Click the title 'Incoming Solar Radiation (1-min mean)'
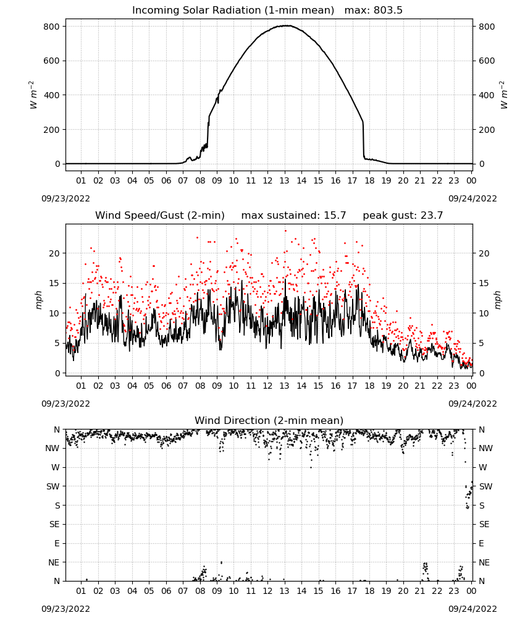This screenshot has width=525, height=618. tap(233, 11)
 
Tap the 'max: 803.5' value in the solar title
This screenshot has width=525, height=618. tap(374, 11)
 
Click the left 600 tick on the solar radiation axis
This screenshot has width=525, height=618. tap(52, 61)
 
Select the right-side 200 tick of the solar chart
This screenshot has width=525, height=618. tap(487, 130)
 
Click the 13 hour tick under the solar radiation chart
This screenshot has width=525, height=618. tap(284, 180)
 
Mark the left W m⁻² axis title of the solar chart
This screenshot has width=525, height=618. tap(33, 95)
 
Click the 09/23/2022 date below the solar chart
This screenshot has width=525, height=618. tap(65, 198)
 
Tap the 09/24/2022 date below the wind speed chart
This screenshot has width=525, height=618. tap(472, 404)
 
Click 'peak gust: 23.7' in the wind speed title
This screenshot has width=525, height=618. tap(403, 216)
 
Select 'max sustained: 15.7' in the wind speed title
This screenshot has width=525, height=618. tap(293, 216)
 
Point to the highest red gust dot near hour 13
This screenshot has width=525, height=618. tap(285, 231)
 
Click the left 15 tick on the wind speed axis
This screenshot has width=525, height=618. tap(55, 284)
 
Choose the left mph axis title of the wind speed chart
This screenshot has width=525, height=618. tap(38, 300)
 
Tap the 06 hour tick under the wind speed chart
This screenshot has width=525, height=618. tap(166, 386)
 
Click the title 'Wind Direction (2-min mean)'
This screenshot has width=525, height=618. tap(269, 420)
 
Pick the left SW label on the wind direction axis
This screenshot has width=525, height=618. tap(52, 486)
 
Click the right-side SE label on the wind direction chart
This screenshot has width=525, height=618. tap(484, 524)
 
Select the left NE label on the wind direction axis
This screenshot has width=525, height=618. tap(54, 562)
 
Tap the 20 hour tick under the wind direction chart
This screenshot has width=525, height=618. tap(403, 591)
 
